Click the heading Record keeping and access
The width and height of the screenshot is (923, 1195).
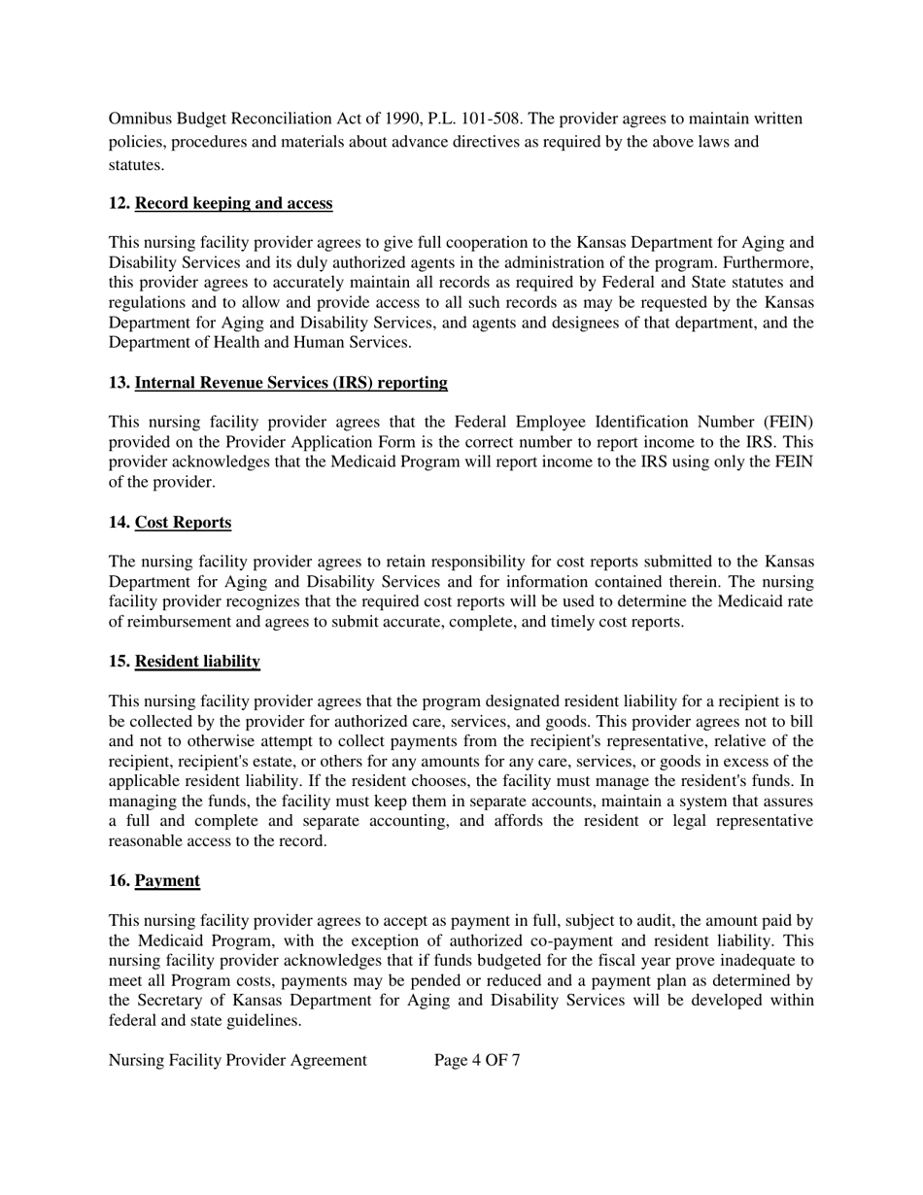click(x=233, y=203)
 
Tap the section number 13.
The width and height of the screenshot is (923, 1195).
click(x=119, y=383)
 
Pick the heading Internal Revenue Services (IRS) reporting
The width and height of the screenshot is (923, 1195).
click(x=291, y=383)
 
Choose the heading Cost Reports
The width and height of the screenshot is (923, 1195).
click(x=183, y=523)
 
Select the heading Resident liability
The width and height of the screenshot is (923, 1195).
click(x=197, y=662)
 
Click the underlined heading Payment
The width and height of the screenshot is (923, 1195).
click(x=167, y=881)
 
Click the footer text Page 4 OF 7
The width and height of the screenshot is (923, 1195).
click(x=477, y=1060)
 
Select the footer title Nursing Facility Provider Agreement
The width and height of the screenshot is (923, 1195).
click(x=238, y=1060)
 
